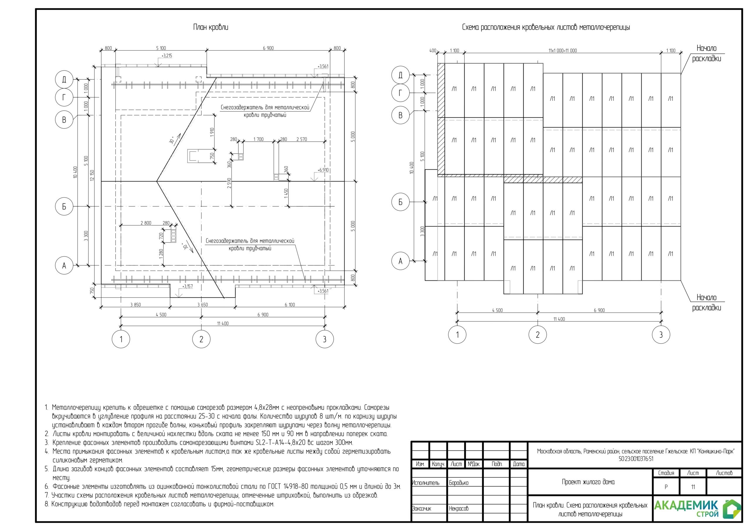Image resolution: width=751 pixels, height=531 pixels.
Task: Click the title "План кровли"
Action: [211, 27]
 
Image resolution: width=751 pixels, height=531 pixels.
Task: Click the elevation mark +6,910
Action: [323, 170]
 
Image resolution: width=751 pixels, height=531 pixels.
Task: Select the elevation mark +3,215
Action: [167, 56]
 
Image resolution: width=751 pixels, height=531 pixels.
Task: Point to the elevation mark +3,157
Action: [187, 286]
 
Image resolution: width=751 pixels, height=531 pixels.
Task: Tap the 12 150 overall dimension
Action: [92, 175]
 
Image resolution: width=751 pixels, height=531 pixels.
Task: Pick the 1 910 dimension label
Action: [212, 132]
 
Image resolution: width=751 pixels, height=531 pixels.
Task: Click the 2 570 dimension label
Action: [302, 139]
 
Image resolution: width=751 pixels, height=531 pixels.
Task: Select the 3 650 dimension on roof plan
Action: [202, 305]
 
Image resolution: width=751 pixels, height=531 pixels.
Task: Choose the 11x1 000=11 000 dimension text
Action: [563, 51]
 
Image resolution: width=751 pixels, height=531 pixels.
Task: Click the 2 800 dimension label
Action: [146, 223]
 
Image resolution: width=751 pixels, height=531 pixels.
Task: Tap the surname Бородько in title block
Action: [459, 483]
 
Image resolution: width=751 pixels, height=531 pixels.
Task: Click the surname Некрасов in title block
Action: [459, 508]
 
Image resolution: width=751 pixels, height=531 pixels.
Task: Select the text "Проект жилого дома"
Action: [588, 482]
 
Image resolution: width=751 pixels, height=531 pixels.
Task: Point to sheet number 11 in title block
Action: [693, 487]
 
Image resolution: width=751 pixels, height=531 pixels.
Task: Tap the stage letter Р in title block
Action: [666, 487]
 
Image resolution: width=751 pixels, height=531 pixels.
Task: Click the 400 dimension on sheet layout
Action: [433, 51]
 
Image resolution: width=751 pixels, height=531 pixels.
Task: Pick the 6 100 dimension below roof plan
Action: [290, 305]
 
